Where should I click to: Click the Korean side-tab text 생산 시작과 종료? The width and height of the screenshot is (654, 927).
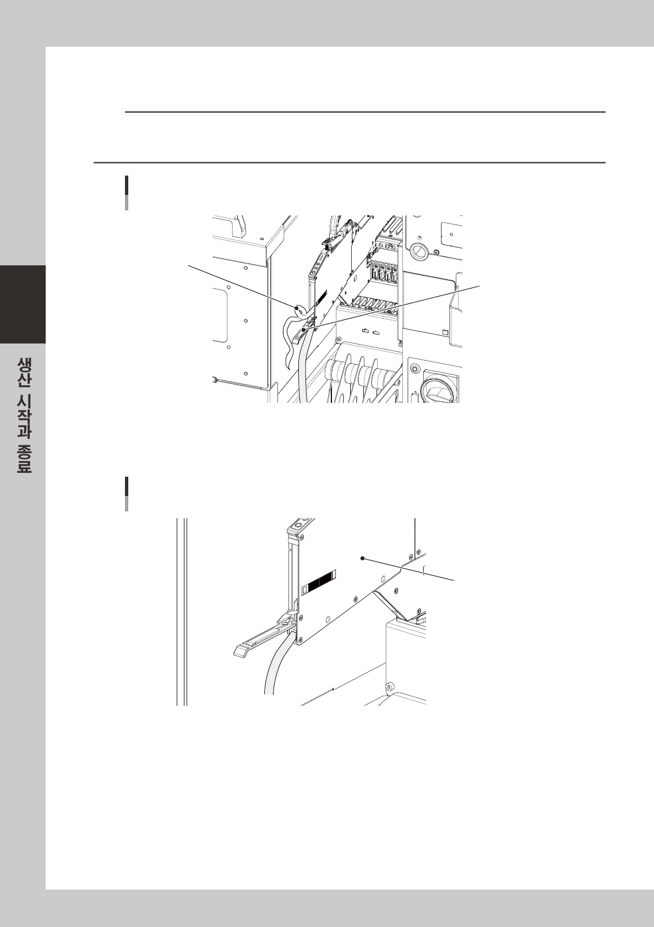(24, 415)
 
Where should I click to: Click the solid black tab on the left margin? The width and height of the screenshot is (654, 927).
(23, 304)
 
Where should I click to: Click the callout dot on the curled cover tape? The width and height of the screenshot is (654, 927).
(297, 308)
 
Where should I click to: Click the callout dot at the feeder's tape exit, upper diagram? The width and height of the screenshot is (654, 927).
(304, 330)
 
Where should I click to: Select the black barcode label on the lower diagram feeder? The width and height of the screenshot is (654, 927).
(318, 579)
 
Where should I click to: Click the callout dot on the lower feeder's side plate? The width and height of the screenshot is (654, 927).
(363, 558)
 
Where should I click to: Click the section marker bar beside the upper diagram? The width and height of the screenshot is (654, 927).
(126, 193)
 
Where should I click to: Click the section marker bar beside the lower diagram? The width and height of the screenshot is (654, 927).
(126, 494)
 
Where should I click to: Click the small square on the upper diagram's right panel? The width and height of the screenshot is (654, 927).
(445, 332)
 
